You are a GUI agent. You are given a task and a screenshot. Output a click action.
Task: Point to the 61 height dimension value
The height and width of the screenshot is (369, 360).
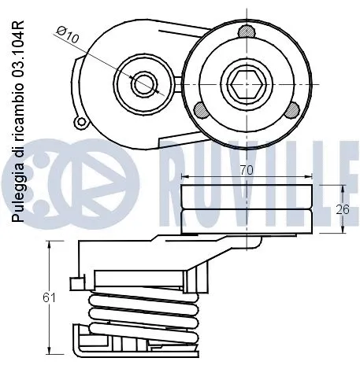coord(50,297)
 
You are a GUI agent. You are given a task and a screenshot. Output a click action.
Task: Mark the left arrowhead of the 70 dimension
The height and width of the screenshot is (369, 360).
coord(184,175)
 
